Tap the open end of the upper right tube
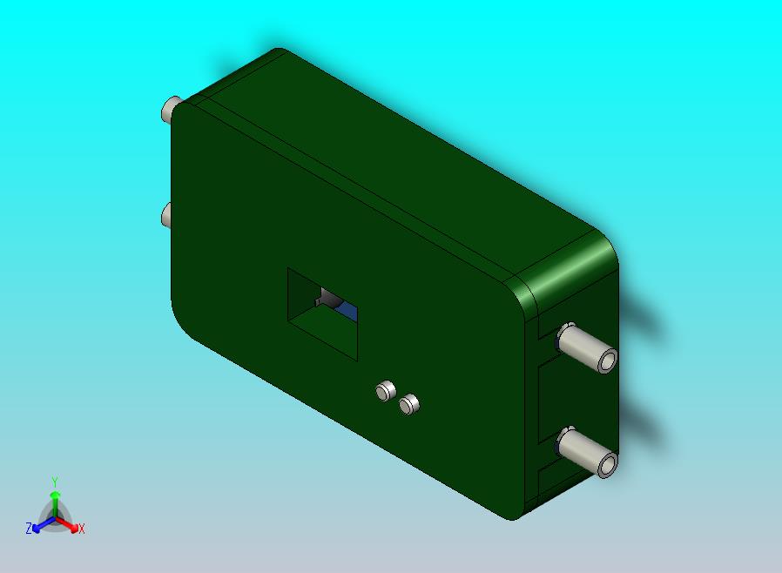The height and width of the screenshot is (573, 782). pos(608,361)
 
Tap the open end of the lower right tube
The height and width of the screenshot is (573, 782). pos(608,465)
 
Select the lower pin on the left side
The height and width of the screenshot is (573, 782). pos(166,215)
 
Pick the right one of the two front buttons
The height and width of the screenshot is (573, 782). pos(409,404)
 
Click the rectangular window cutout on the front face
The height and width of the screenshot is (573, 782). pos(322,313)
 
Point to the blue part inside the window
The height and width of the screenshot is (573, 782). pos(347,311)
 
